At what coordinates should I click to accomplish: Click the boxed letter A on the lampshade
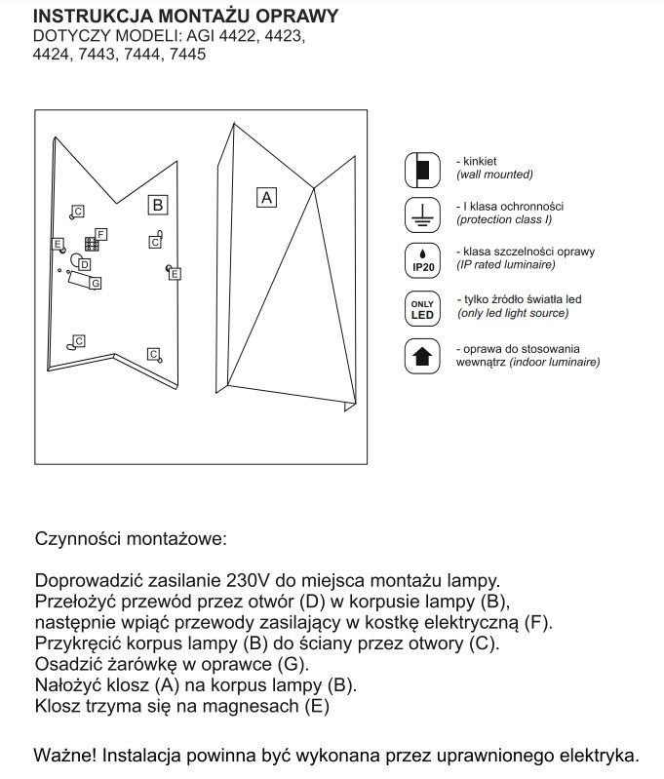265,197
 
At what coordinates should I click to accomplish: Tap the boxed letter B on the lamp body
158,205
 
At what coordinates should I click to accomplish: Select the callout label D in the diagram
86,263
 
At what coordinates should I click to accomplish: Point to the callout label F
100,234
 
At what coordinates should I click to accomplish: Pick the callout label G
95,283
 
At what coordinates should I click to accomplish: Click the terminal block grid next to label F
90,244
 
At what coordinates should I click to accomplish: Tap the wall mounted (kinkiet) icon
422,168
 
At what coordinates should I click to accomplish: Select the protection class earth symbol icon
422,214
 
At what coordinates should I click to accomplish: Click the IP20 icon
422,259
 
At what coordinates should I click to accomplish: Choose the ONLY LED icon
422,307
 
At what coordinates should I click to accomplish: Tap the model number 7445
186,56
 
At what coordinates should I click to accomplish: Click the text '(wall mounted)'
494,175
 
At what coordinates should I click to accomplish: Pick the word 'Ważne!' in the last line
65,756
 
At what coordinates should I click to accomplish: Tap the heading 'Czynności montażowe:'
131,537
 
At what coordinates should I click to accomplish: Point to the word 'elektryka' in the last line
597,756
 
